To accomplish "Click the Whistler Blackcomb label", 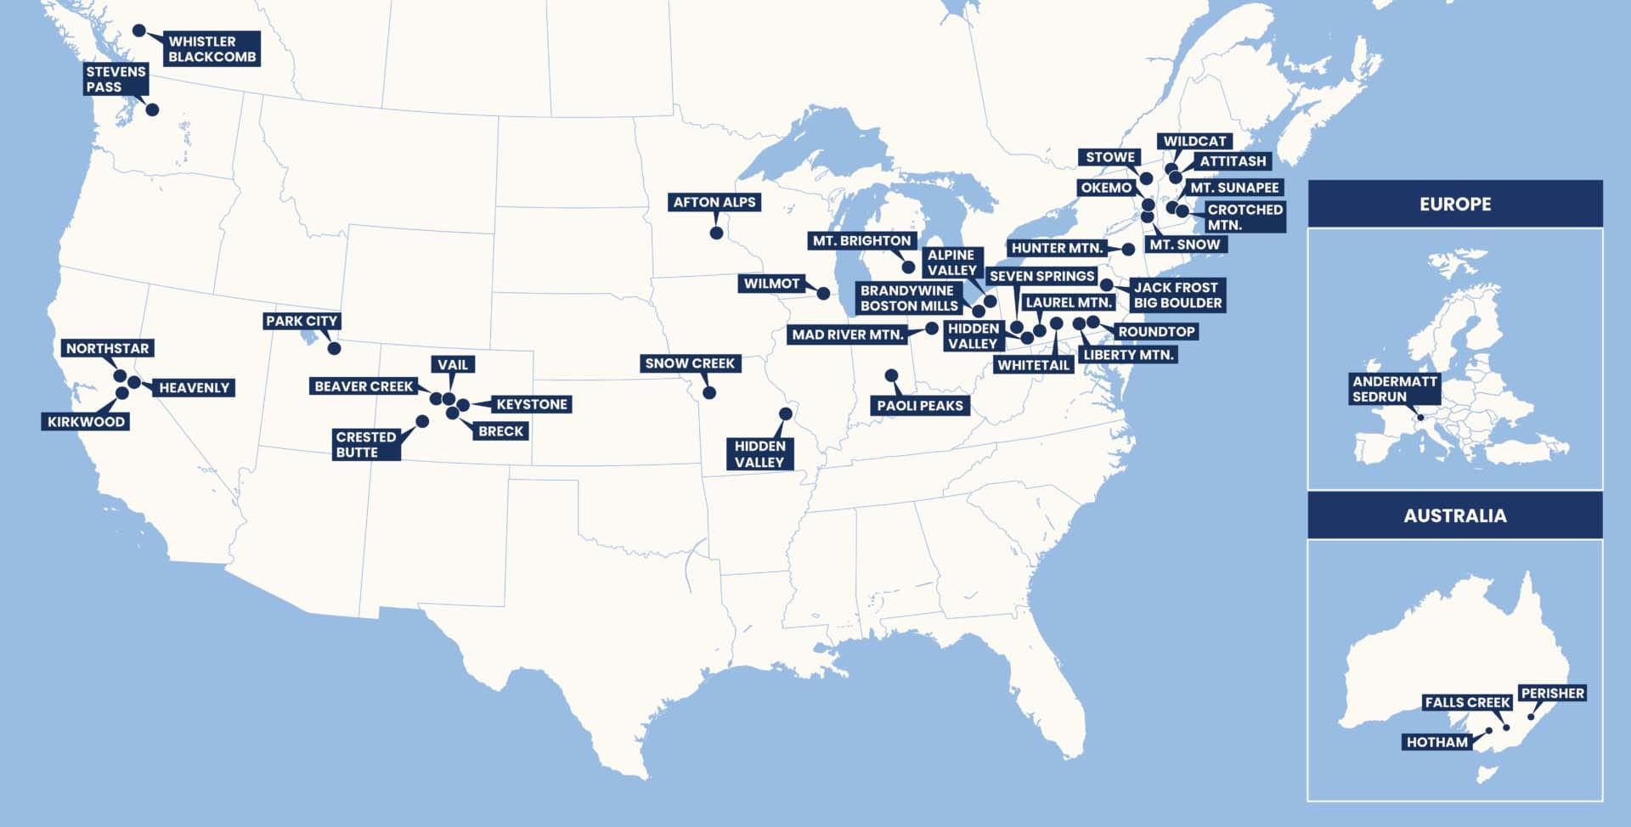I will pos(212,49).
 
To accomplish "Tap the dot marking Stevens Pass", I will pos(152,110).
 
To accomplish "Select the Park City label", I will pos(302,321).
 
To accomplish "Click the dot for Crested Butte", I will pos(422,421).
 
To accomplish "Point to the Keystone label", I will pos(531,404).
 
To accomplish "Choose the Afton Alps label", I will pos(714,202).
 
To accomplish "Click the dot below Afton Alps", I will pos(716,233).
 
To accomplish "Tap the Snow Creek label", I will pos(689,363).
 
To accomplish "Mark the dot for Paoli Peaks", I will pos(891,375).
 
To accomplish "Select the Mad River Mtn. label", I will pos(847,335).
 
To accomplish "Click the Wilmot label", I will pos(771,284).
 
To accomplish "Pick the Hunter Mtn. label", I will pos(1057,248).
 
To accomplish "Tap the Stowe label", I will pos(1109,157).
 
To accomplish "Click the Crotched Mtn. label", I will pos(1244,217).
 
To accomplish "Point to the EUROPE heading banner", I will pos(1454,204).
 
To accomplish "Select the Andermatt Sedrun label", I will pos(1394,389).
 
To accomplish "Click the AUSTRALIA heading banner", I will pos(1454,515).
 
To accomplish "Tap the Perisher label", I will pos(1552,693).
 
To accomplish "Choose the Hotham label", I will pos(1436,742).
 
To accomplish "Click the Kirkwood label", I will pos(86,422).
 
